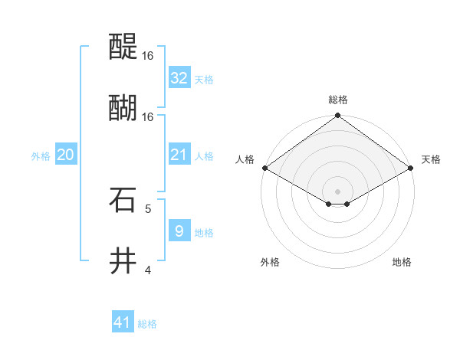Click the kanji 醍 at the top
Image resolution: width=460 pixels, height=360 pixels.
click(123, 47)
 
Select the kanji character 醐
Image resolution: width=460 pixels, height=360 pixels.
click(123, 106)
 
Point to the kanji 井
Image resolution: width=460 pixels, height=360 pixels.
click(123, 260)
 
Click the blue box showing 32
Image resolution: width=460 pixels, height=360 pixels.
click(179, 78)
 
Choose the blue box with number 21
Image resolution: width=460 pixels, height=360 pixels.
click(179, 155)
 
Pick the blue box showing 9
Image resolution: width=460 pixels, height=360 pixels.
click(179, 231)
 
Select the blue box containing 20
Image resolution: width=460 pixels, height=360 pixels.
click(65, 155)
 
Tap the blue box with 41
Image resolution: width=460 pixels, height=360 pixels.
click(122, 322)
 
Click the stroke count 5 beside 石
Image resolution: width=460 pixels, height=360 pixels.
click(148, 208)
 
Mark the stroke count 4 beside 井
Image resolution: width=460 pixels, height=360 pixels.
click(148, 270)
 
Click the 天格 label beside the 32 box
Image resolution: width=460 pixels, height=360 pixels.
click(204, 80)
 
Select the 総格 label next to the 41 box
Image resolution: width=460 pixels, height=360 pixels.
click(147, 324)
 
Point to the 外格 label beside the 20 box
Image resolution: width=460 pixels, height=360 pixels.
click(41, 156)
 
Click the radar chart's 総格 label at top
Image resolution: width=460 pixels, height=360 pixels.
click(338, 100)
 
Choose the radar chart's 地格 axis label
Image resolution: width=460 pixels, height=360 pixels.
click(402, 262)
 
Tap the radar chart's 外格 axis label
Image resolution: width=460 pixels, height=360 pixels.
click(270, 262)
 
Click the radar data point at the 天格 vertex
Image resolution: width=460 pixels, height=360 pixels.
click(412, 168)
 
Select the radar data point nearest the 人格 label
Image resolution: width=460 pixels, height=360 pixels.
click(264, 168)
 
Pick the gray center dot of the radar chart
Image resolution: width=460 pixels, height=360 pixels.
click(337, 191)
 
